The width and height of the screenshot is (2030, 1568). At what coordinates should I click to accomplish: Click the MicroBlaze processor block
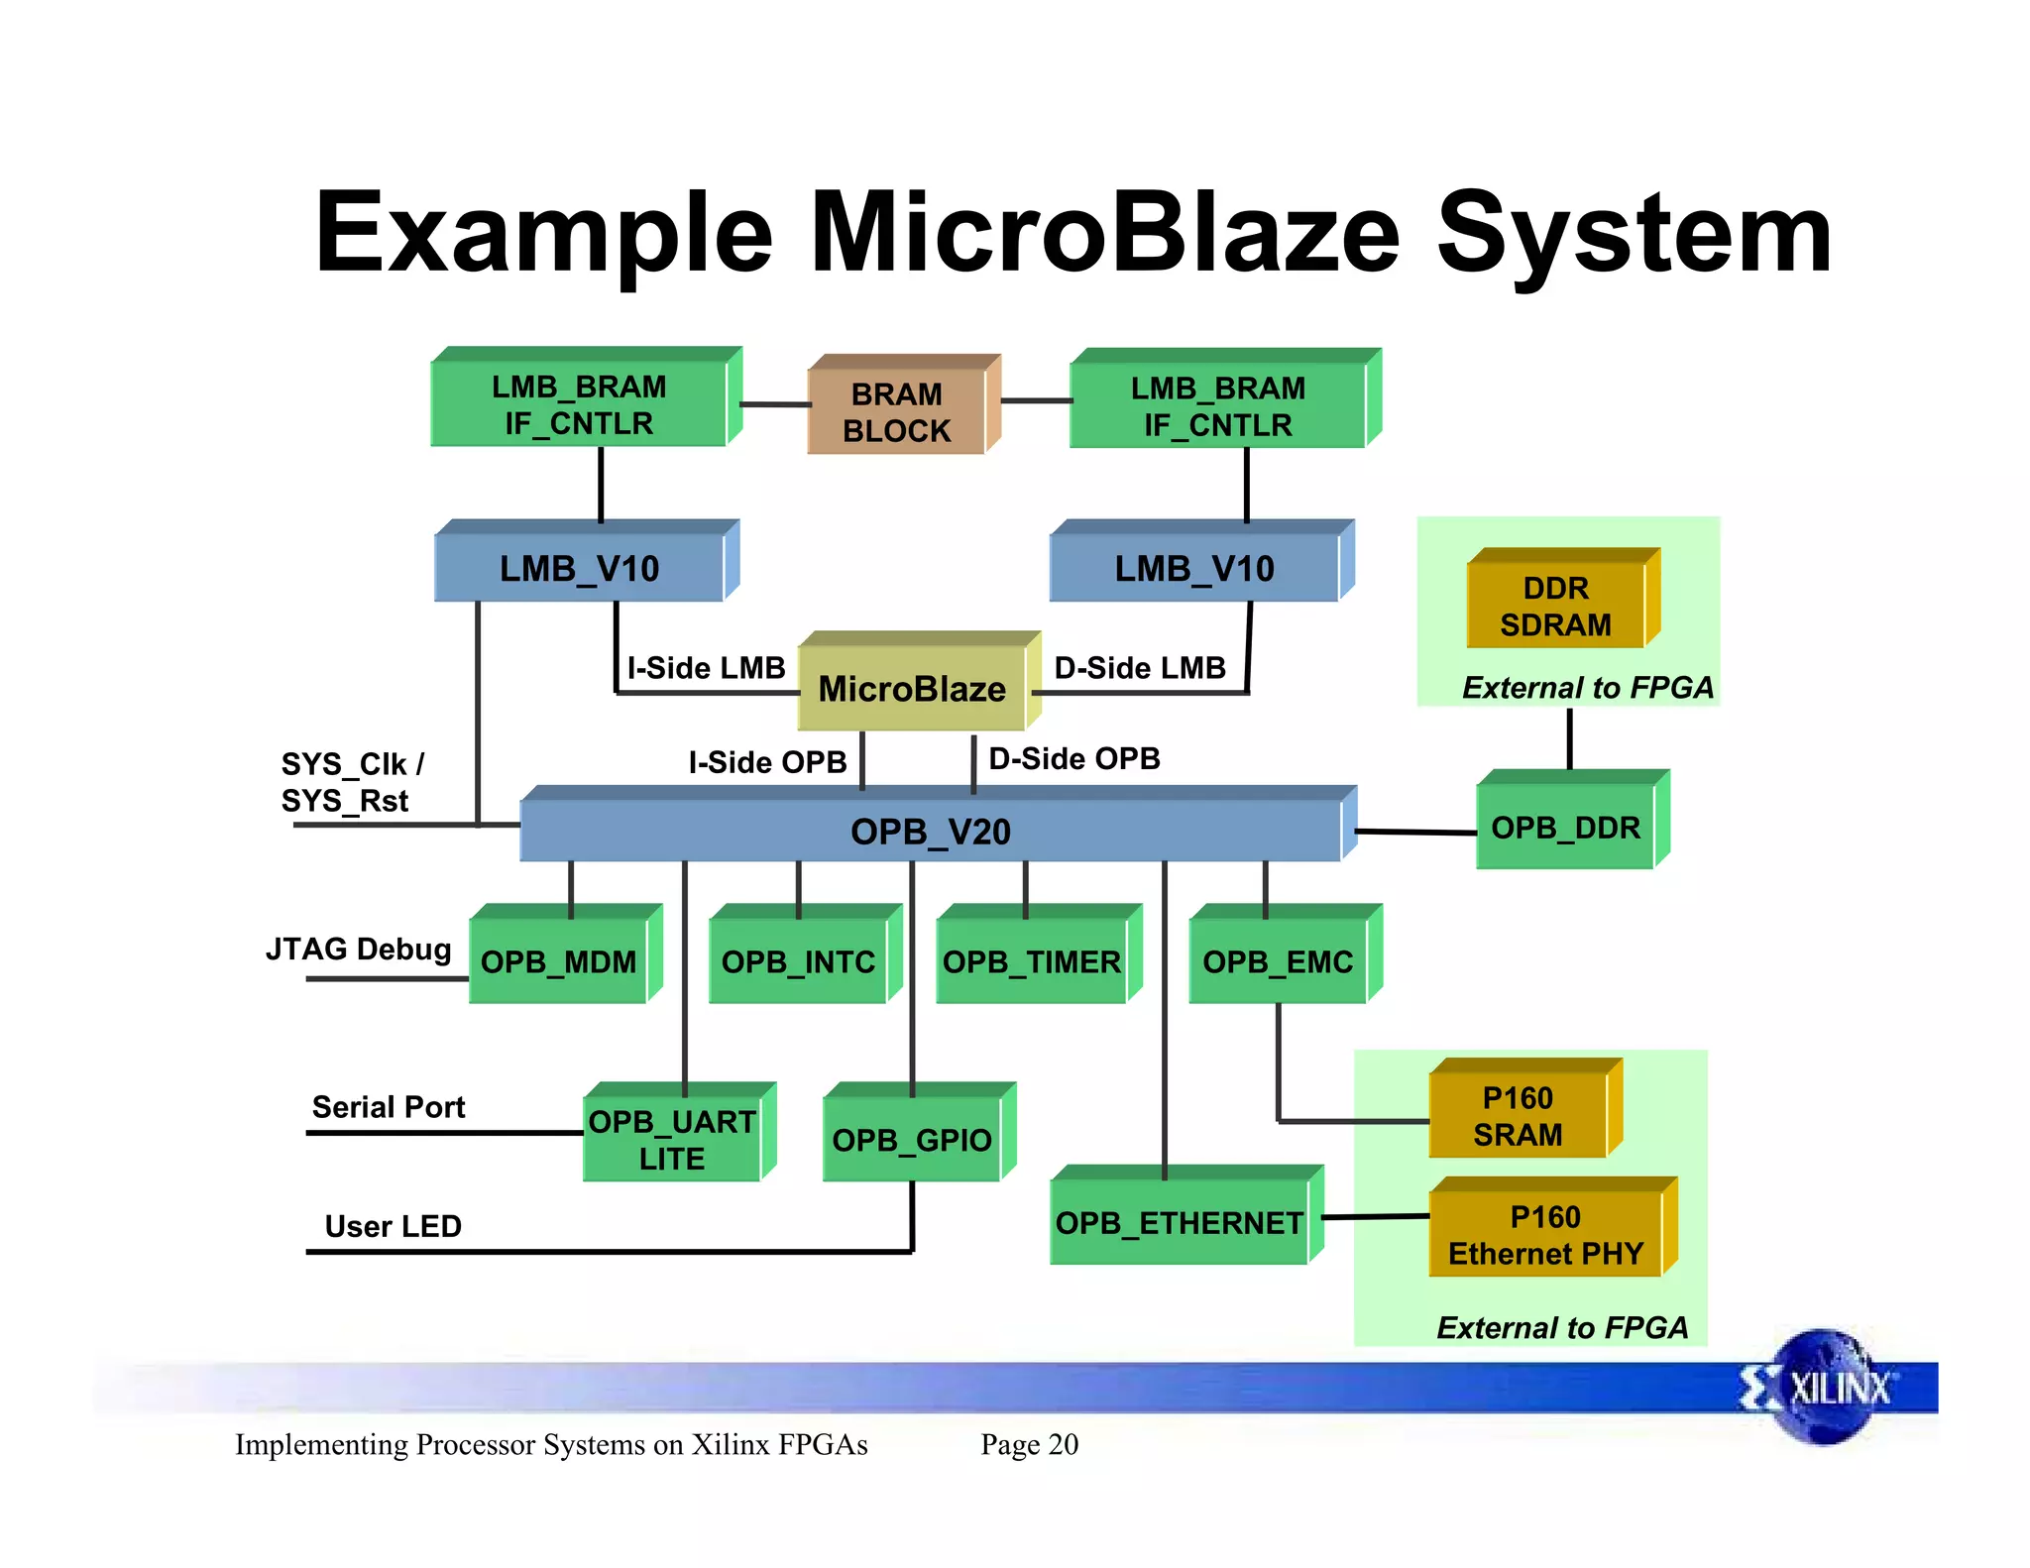[x=912, y=688]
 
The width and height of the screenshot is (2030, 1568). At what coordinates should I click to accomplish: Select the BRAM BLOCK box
[x=897, y=412]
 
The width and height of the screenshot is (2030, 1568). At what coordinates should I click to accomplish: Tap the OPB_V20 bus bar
[x=931, y=831]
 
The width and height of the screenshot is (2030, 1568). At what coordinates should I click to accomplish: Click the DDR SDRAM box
[x=1556, y=606]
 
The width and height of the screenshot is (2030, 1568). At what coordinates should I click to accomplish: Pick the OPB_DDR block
[x=1566, y=828]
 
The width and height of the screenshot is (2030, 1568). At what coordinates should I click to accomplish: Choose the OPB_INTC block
[x=798, y=961]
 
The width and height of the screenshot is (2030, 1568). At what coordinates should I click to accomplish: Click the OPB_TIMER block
[x=1031, y=961]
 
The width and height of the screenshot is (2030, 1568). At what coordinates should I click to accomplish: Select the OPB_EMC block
[x=1278, y=961]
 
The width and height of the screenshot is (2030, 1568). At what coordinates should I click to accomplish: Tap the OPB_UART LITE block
[x=672, y=1140]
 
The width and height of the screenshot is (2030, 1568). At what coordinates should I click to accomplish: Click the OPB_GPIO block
[x=912, y=1140]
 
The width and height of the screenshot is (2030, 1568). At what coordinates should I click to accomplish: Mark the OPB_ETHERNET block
[x=1179, y=1222]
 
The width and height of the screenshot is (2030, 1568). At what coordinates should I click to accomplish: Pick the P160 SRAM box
[x=1518, y=1116]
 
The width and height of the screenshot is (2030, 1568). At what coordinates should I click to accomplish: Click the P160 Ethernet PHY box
[x=1545, y=1235]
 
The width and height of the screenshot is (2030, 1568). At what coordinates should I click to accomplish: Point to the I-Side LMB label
[x=706, y=668]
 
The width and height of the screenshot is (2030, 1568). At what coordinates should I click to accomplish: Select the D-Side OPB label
[x=1074, y=758]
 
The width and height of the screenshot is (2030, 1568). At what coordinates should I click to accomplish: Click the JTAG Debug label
[x=358, y=949]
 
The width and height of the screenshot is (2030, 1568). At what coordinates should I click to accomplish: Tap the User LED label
[x=393, y=1226]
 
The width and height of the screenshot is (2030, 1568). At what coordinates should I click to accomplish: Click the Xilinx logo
[x=1824, y=1388]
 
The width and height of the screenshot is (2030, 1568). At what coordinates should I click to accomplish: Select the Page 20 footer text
[x=1029, y=1444]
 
